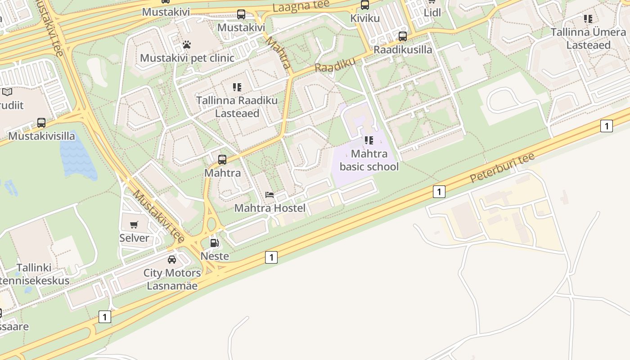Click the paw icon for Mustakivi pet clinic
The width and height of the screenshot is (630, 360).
click(x=187, y=45)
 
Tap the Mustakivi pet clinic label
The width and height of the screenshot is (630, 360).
click(x=187, y=58)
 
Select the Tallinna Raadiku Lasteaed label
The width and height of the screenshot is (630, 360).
click(x=237, y=107)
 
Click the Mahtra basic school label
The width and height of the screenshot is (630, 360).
click(x=369, y=160)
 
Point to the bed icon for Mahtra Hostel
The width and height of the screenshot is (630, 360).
click(x=270, y=195)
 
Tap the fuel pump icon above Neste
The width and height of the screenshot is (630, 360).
click(x=215, y=243)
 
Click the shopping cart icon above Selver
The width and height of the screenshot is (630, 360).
click(x=134, y=225)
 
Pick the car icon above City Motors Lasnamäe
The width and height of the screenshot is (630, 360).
click(x=172, y=260)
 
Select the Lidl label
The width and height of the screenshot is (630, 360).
click(x=432, y=12)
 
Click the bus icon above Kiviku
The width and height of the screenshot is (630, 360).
click(x=365, y=5)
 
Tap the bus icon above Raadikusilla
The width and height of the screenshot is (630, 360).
click(x=403, y=36)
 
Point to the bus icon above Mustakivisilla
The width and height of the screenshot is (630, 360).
click(x=41, y=122)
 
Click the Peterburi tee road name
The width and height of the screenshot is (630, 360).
click(x=502, y=167)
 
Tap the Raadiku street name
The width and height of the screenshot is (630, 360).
click(x=335, y=65)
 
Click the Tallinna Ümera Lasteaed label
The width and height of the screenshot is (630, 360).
click(x=588, y=39)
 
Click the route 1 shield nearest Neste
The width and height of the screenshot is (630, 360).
click(x=271, y=257)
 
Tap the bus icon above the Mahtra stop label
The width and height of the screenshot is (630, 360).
click(x=222, y=159)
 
